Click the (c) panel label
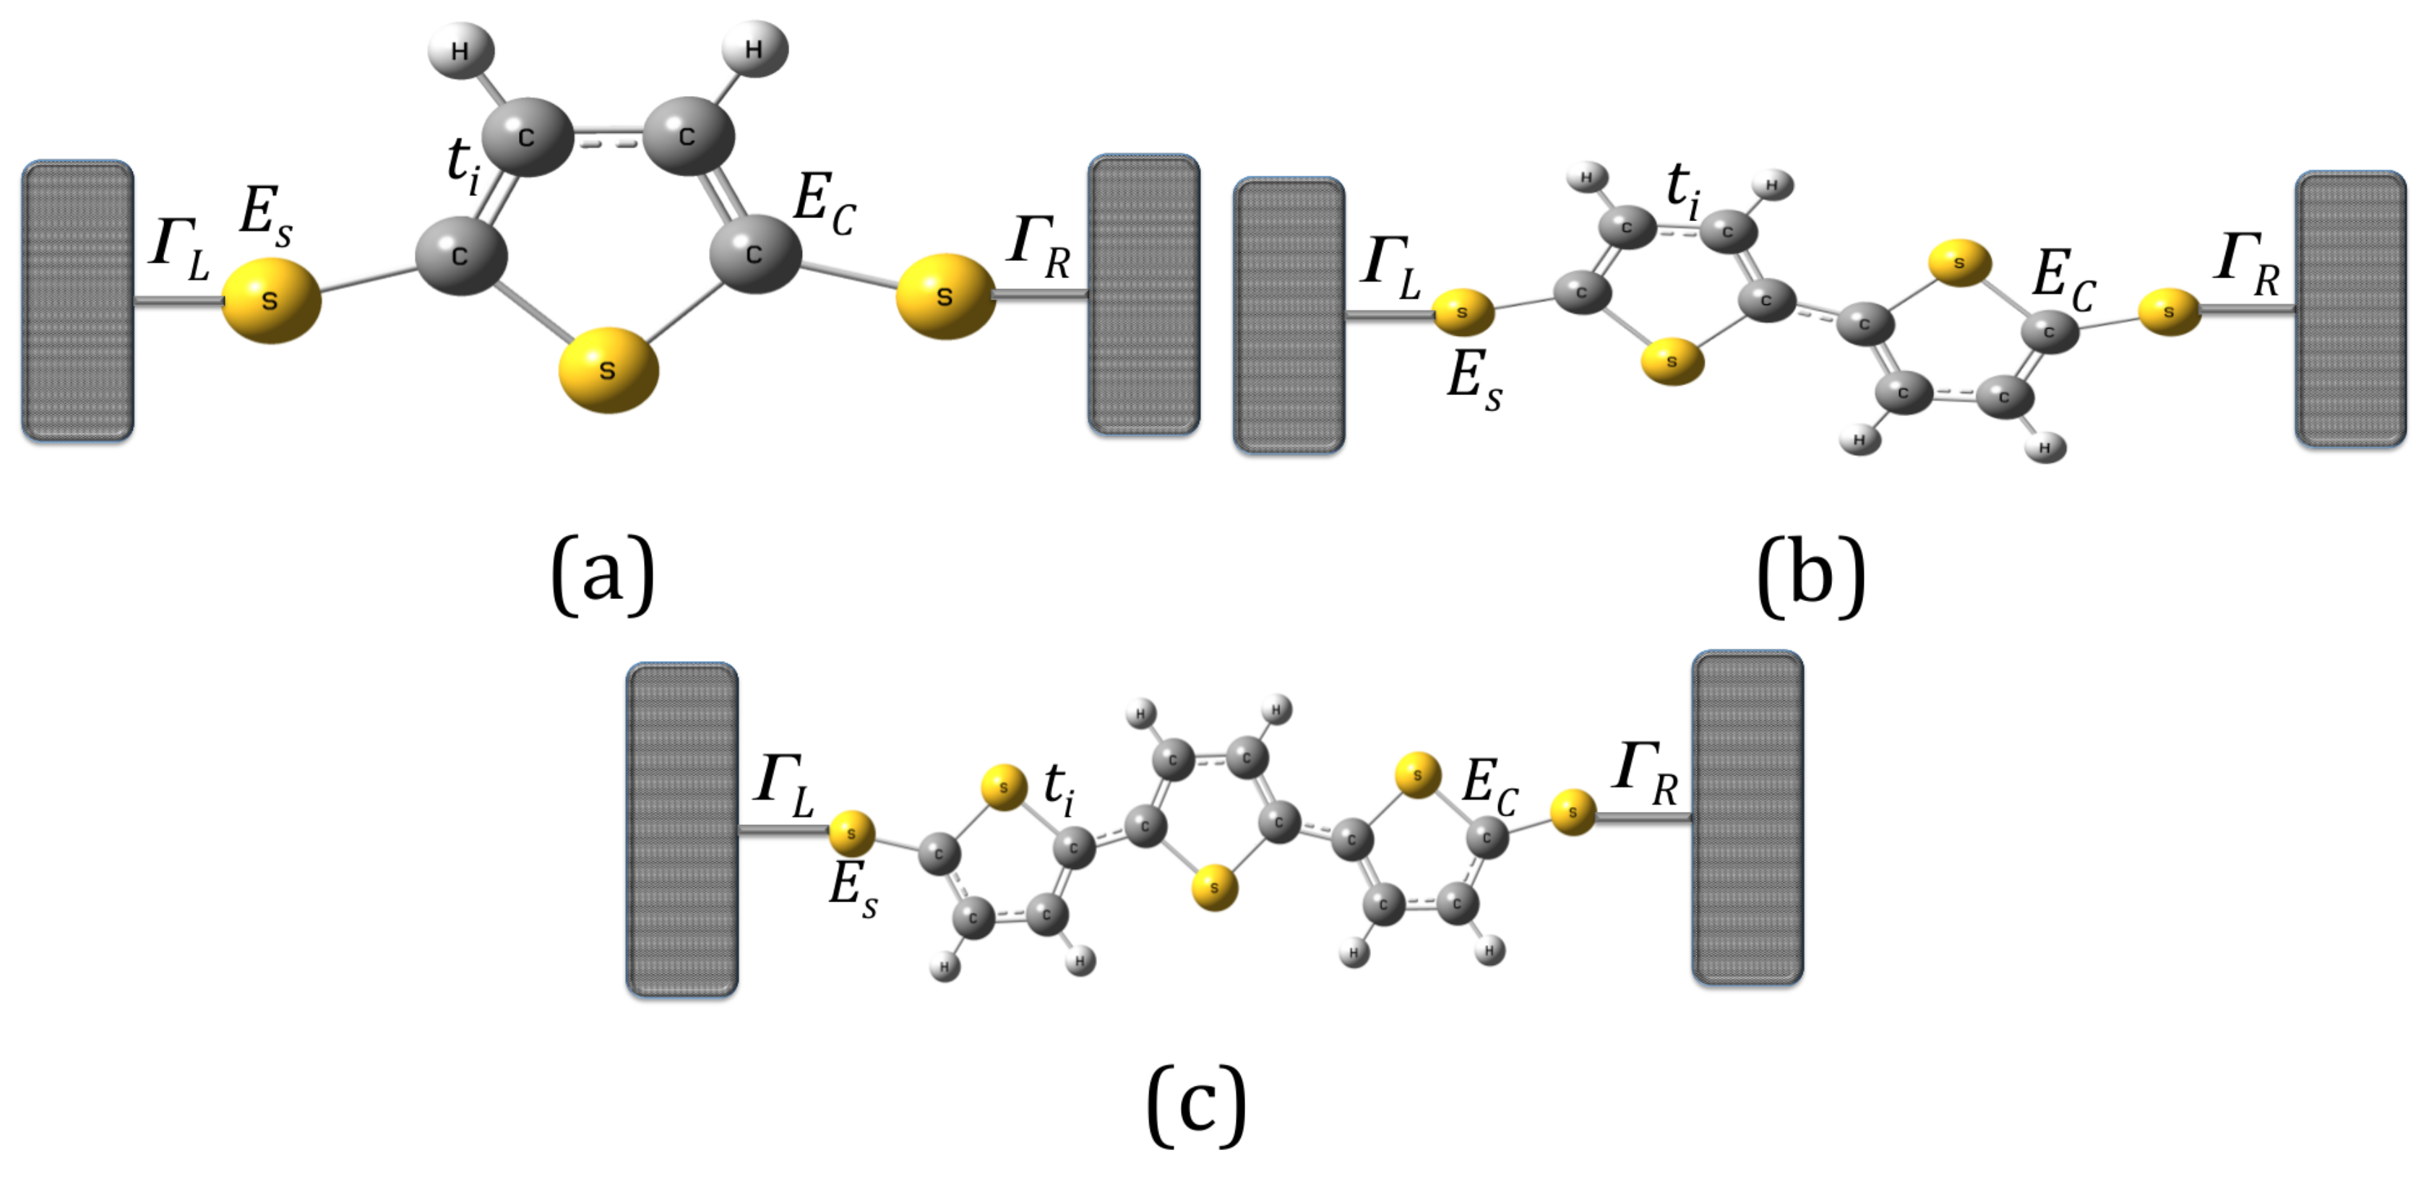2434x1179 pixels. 1196,1103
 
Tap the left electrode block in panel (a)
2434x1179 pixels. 77,301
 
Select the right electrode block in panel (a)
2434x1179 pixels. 1143,295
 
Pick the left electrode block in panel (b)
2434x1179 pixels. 1289,314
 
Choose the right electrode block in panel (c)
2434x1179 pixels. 1747,817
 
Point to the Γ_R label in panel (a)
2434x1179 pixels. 1039,248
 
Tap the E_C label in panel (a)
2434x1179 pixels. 824,206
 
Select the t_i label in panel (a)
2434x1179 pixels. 463,168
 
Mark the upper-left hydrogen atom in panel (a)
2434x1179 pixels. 460,50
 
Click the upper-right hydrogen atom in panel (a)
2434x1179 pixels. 754,48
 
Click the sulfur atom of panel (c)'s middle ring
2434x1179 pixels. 1214,888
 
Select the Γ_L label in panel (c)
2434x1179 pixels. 783,784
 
